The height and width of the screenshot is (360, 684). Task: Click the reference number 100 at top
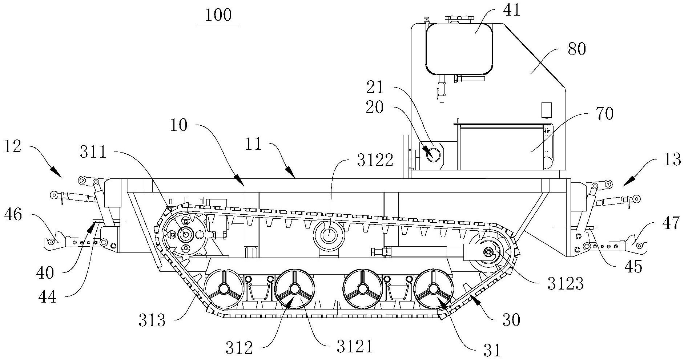pos(218,15)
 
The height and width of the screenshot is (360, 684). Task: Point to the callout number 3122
pos(375,160)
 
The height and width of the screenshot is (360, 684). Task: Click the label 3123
pos(566,283)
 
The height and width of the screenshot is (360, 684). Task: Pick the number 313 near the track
pos(152,320)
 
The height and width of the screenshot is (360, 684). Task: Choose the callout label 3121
pos(354,347)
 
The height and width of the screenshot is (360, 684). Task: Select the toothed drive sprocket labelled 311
pos(186,235)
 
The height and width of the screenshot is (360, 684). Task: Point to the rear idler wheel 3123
pos(487,252)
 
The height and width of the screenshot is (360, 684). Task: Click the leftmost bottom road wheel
pos(224,289)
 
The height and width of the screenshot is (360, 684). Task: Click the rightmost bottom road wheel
pos(434,289)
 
